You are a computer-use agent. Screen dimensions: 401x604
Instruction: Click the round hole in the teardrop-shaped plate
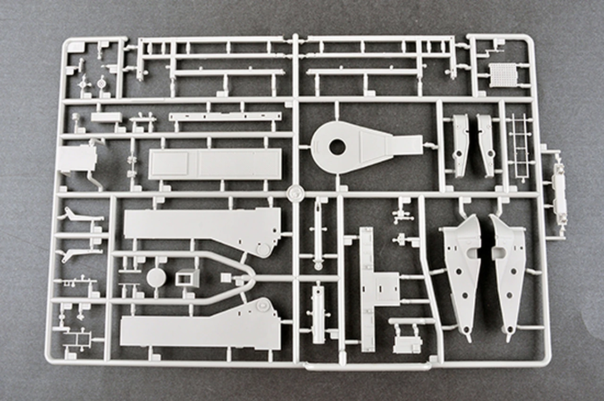click(337, 147)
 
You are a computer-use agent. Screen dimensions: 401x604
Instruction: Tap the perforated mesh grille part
click(503, 75)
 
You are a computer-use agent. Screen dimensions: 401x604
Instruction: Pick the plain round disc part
click(156, 278)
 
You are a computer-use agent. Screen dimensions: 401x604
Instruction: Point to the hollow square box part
click(186, 277)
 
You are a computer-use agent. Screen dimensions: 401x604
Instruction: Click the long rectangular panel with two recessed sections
click(215, 164)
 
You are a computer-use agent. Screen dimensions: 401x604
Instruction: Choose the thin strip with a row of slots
click(225, 117)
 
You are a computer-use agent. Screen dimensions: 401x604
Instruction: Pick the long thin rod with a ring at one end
click(319, 234)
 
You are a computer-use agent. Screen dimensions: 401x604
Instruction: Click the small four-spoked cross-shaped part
click(84, 84)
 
